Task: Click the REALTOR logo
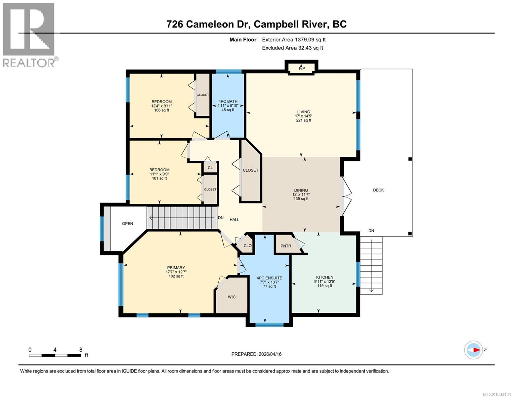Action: (29, 35)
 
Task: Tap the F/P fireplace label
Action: (302, 68)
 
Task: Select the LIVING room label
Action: (303, 112)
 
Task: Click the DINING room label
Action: (301, 190)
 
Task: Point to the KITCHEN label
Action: (324, 277)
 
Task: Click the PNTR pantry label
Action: (286, 246)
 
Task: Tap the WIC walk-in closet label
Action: (232, 297)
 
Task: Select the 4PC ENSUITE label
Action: (269, 278)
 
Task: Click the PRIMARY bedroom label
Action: (176, 268)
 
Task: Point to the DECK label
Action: (378, 190)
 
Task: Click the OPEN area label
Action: (128, 224)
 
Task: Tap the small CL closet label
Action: (210, 168)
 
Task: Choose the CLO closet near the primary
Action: (247, 245)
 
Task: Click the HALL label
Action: (234, 220)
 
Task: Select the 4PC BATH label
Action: (228, 101)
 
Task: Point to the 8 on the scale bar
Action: (81, 349)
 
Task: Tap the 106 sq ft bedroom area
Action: (162, 110)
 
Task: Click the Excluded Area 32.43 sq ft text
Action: (292, 48)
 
